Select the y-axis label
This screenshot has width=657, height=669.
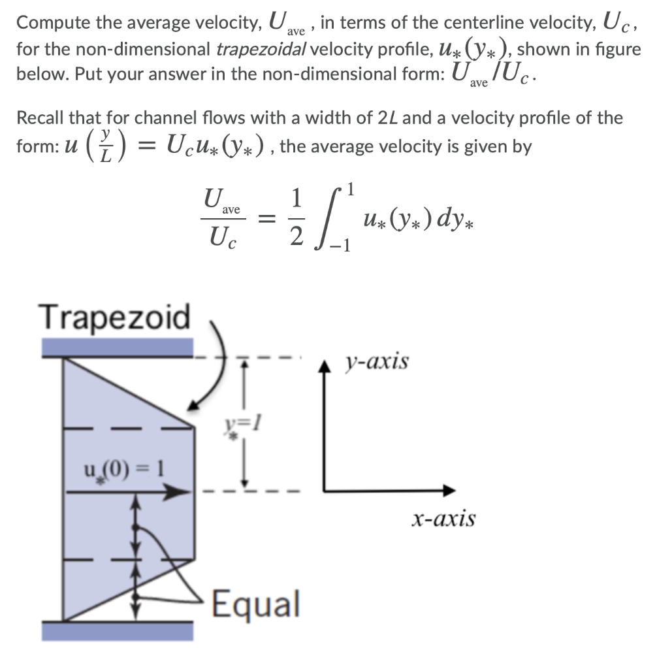tap(378, 361)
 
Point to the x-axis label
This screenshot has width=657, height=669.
tap(443, 519)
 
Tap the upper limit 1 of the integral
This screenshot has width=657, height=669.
tap(352, 190)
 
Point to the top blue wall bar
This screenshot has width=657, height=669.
tap(118, 347)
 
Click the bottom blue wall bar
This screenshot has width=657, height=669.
tap(118, 630)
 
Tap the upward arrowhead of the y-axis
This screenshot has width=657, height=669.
tap(326, 366)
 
